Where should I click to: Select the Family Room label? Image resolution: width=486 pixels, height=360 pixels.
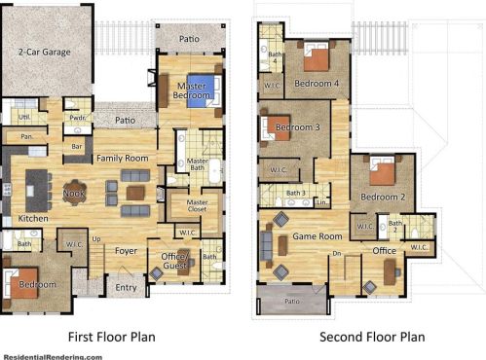pos(121,158)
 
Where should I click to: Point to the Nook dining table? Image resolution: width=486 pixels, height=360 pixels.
pos(75,192)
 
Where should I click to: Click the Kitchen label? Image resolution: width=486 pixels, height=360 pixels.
pos(32,219)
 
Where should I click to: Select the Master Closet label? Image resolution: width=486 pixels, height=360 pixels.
pos(198,207)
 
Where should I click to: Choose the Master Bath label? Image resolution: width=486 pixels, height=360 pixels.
pos(198,165)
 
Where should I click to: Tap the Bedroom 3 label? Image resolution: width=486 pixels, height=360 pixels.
pos(298,127)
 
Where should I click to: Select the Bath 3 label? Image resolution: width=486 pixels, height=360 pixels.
pos(296,194)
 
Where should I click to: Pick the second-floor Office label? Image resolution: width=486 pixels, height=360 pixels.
pos(385,251)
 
